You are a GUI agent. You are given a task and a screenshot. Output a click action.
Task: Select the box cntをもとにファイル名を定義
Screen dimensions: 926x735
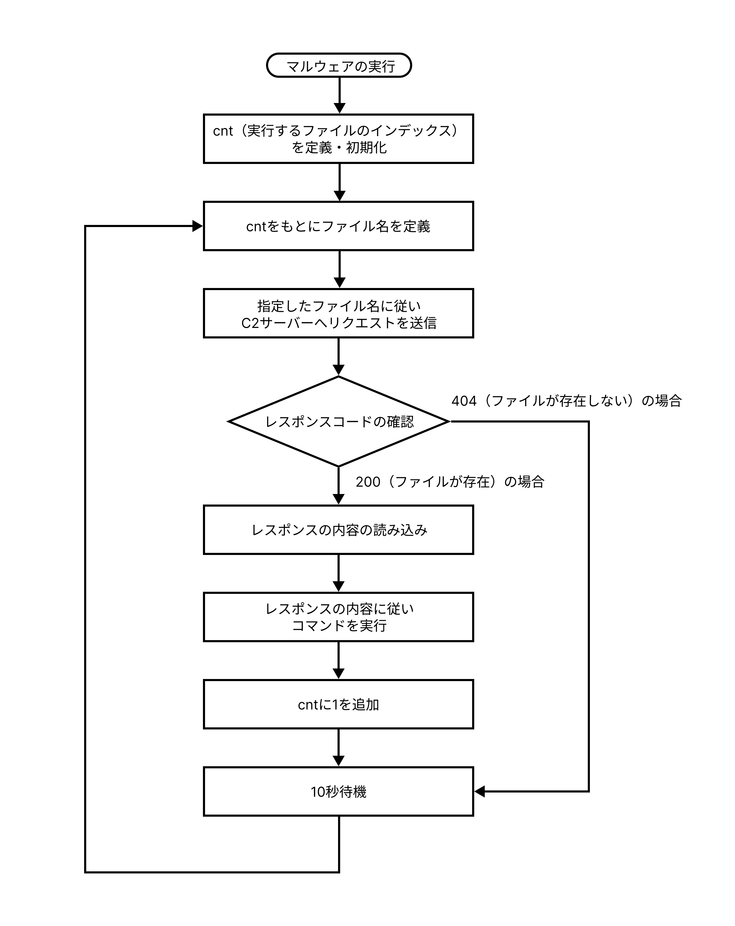338,226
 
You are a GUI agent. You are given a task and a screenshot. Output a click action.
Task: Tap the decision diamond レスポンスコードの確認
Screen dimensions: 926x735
339,421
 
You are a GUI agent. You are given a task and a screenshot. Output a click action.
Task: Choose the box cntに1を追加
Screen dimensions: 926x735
338,704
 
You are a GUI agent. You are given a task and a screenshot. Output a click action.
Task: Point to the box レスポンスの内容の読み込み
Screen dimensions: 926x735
338,530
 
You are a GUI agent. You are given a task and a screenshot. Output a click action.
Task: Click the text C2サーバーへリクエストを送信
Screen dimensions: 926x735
339,323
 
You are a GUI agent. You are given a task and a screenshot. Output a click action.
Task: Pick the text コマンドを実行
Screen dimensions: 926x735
339,625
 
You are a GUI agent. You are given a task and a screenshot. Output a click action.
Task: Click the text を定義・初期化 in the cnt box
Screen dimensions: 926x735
339,147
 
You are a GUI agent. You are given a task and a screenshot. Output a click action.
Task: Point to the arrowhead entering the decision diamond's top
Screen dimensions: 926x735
339,370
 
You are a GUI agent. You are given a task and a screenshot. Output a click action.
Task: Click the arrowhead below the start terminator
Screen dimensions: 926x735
339,108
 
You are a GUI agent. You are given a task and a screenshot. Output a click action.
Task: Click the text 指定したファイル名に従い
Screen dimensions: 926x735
339,306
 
